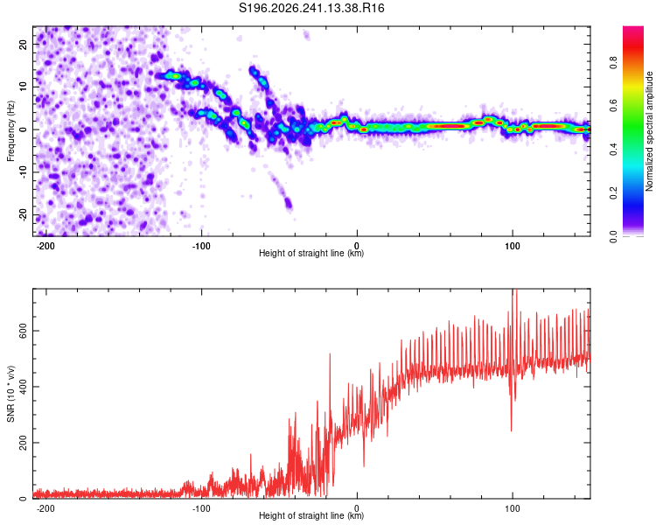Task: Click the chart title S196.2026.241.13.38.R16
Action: (x=311, y=8)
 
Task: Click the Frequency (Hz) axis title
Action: (x=10, y=131)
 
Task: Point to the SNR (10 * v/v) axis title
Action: (x=10, y=394)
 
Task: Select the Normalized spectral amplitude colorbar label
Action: (x=649, y=131)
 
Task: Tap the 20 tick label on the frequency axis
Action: (x=24, y=44)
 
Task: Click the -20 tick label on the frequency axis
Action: (x=24, y=215)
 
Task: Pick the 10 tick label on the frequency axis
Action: (x=24, y=87)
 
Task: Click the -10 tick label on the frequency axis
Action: (x=24, y=172)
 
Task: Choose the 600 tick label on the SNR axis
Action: (x=24, y=331)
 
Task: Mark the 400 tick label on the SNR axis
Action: (x=24, y=387)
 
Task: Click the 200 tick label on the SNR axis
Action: (x=24, y=443)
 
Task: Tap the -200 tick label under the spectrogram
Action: (x=45, y=246)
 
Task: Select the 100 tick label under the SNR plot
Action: (x=512, y=508)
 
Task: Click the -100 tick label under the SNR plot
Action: (x=201, y=508)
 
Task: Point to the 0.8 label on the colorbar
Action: (x=613, y=63)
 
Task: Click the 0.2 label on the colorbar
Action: (x=613, y=193)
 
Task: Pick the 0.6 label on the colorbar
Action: (x=613, y=107)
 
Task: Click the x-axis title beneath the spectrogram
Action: (x=311, y=253)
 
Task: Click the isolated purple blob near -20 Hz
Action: (x=289, y=204)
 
